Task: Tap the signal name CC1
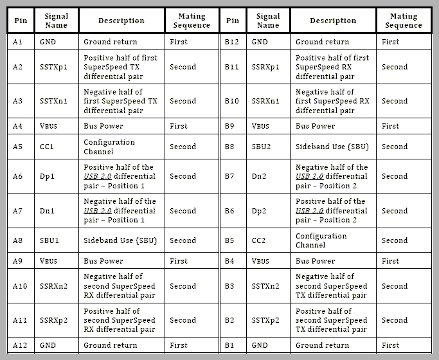click(47, 147)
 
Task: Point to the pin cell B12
click(232, 42)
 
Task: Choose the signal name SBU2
click(262, 147)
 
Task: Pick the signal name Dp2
click(260, 211)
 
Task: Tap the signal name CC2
click(260, 240)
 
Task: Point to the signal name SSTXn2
click(265, 286)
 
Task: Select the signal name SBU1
click(49, 240)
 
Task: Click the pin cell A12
click(20, 345)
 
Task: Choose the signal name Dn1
click(48, 211)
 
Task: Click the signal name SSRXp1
click(265, 67)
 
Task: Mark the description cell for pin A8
click(120, 240)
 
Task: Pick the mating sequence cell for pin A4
click(179, 126)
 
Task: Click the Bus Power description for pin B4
click(315, 261)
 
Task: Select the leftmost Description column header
click(121, 21)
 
